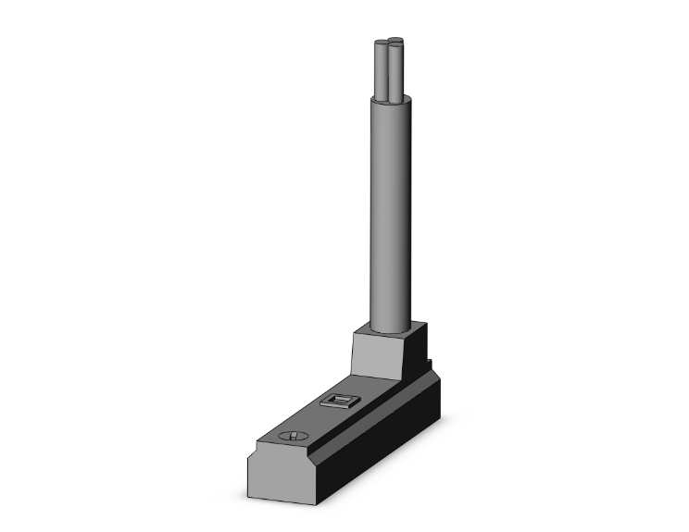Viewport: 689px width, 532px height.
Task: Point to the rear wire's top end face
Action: pyautogui.click(x=395, y=39)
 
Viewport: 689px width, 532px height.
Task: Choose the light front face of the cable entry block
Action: pyautogui.click(x=376, y=354)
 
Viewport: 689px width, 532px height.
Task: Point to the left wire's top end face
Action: pyautogui.click(x=381, y=43)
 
